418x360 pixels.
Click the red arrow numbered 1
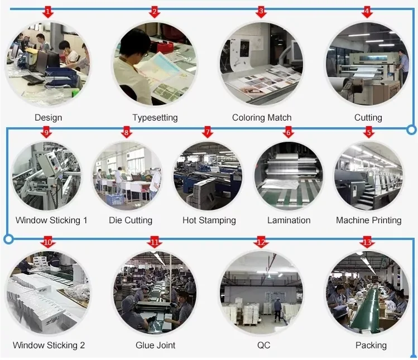pos(49,12)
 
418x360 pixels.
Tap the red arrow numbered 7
pos(208,132)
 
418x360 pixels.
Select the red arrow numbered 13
pos(367,243)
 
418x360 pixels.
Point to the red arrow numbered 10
pos(48,243)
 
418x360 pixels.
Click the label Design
pos(49,118)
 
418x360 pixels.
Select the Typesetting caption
pos(155,118)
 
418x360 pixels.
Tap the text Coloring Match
pos(262,118)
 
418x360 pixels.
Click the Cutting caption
pos(368,118)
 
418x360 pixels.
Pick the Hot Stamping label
pos(209,220)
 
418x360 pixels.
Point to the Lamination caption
pos(289,220)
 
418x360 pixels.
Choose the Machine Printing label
pos(368,220)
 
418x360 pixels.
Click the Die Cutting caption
pos(130,220)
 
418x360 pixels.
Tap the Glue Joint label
pos(155,345)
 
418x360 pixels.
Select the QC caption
pos(263,345)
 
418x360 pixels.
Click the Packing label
pos(371,345)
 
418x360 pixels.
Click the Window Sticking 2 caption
pos(49,345)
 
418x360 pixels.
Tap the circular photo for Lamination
pos(289,175)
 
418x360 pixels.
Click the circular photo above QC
pos(262,293)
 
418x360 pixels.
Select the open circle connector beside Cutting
pos(411,130)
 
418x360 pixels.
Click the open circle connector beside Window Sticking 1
pos(8,239)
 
